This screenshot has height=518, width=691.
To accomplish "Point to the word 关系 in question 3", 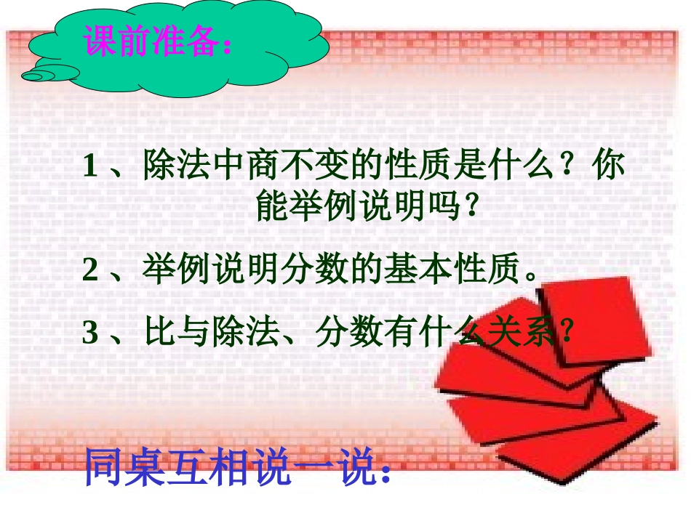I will tap(522, 333).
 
